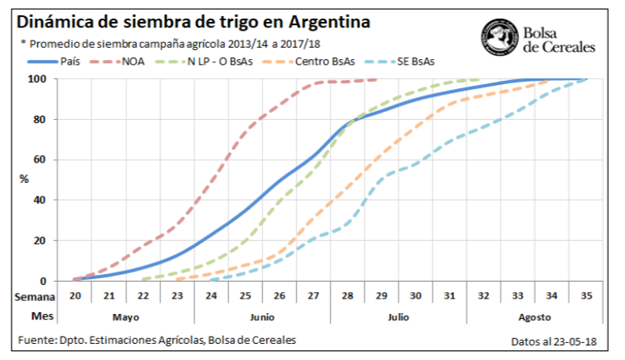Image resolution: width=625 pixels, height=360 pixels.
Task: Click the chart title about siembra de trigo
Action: pos(193,22)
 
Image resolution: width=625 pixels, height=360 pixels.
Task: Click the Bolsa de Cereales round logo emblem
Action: pos(499,36)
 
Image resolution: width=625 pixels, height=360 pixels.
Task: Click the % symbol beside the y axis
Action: pos(24,180)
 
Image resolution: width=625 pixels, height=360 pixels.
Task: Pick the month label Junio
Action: pos(261,318)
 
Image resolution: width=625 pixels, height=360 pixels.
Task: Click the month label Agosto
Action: pos(535,318)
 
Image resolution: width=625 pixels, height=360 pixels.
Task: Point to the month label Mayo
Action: pos(126,318)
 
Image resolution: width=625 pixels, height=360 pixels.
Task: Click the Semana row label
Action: pos(32,297)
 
